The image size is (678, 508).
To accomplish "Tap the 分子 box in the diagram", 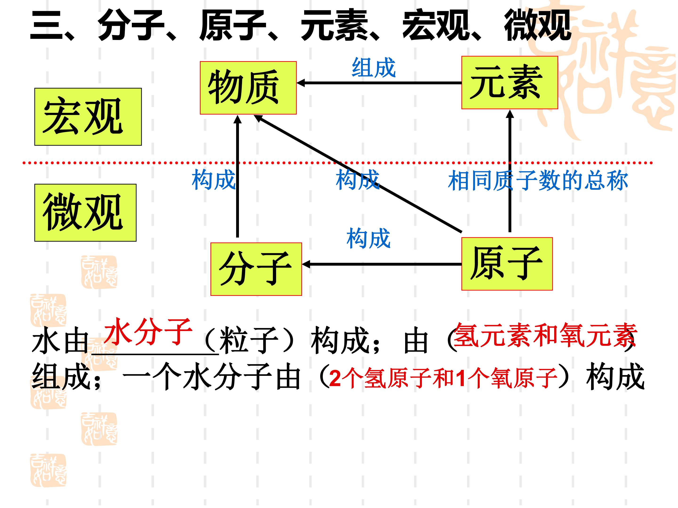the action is [256, 269].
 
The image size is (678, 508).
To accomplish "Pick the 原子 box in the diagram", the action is [507, 264].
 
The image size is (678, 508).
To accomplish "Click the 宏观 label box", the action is [88, 117].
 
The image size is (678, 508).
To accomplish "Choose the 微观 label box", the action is [85, 213].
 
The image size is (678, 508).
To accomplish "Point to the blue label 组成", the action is [374, 68].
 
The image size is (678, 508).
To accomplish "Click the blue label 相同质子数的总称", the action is [538, 181].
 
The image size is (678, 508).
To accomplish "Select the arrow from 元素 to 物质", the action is [379, 83].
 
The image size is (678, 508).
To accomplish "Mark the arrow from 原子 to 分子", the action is [382, 264].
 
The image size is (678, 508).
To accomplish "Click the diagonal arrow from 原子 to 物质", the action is [358, 173].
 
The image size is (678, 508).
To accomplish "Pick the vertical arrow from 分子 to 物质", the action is [238, 176].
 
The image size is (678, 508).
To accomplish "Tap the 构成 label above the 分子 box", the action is [368, 238].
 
